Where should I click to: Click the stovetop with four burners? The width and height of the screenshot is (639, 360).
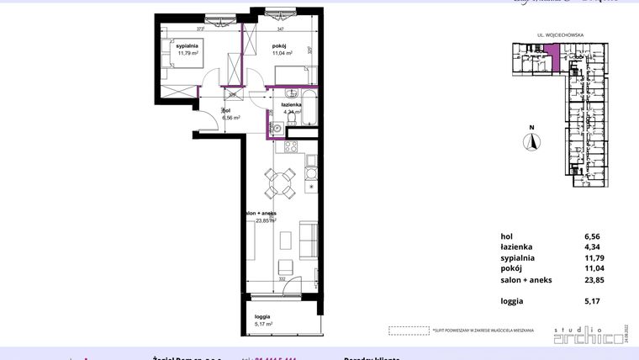292,147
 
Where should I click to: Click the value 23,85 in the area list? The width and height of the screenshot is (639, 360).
593,280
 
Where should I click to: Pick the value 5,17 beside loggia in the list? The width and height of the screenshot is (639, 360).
593,300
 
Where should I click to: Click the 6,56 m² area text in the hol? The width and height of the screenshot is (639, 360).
231,119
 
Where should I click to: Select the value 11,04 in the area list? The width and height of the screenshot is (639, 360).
593,269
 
